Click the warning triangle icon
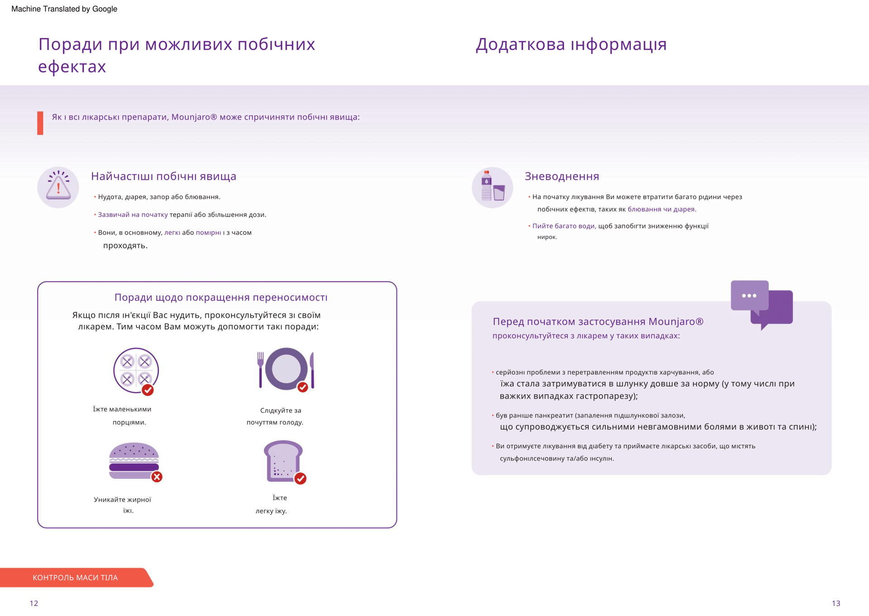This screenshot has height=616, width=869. [x=58, y=187]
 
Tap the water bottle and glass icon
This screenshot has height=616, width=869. [x=492, y=187]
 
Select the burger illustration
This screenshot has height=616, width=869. [x=134, y=461]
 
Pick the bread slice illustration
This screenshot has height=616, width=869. [x=283, y=461]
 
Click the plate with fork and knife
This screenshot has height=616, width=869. [x=286, y=369]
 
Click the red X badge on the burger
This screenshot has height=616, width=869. [x=157, y=477]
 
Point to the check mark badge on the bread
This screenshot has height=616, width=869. [x=300, y=478]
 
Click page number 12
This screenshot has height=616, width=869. [x=34, y=603]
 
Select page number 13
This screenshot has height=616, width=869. [x=836, y=603]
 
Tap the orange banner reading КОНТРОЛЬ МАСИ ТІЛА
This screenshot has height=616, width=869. [x=75, y=578]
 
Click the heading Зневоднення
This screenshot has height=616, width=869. [x=562, y=177]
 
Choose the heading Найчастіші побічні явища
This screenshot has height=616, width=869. [x=163, y=177]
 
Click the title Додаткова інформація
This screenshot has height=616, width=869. [x=571, y=44]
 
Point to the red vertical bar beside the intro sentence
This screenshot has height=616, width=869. [x=40, y=123]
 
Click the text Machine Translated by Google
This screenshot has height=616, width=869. [x=64, y=9]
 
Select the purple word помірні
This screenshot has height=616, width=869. [x=208, y=233]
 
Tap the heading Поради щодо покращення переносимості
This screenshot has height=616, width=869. [x=221, y=297]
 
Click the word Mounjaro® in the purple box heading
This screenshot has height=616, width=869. [x=676, y=321]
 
